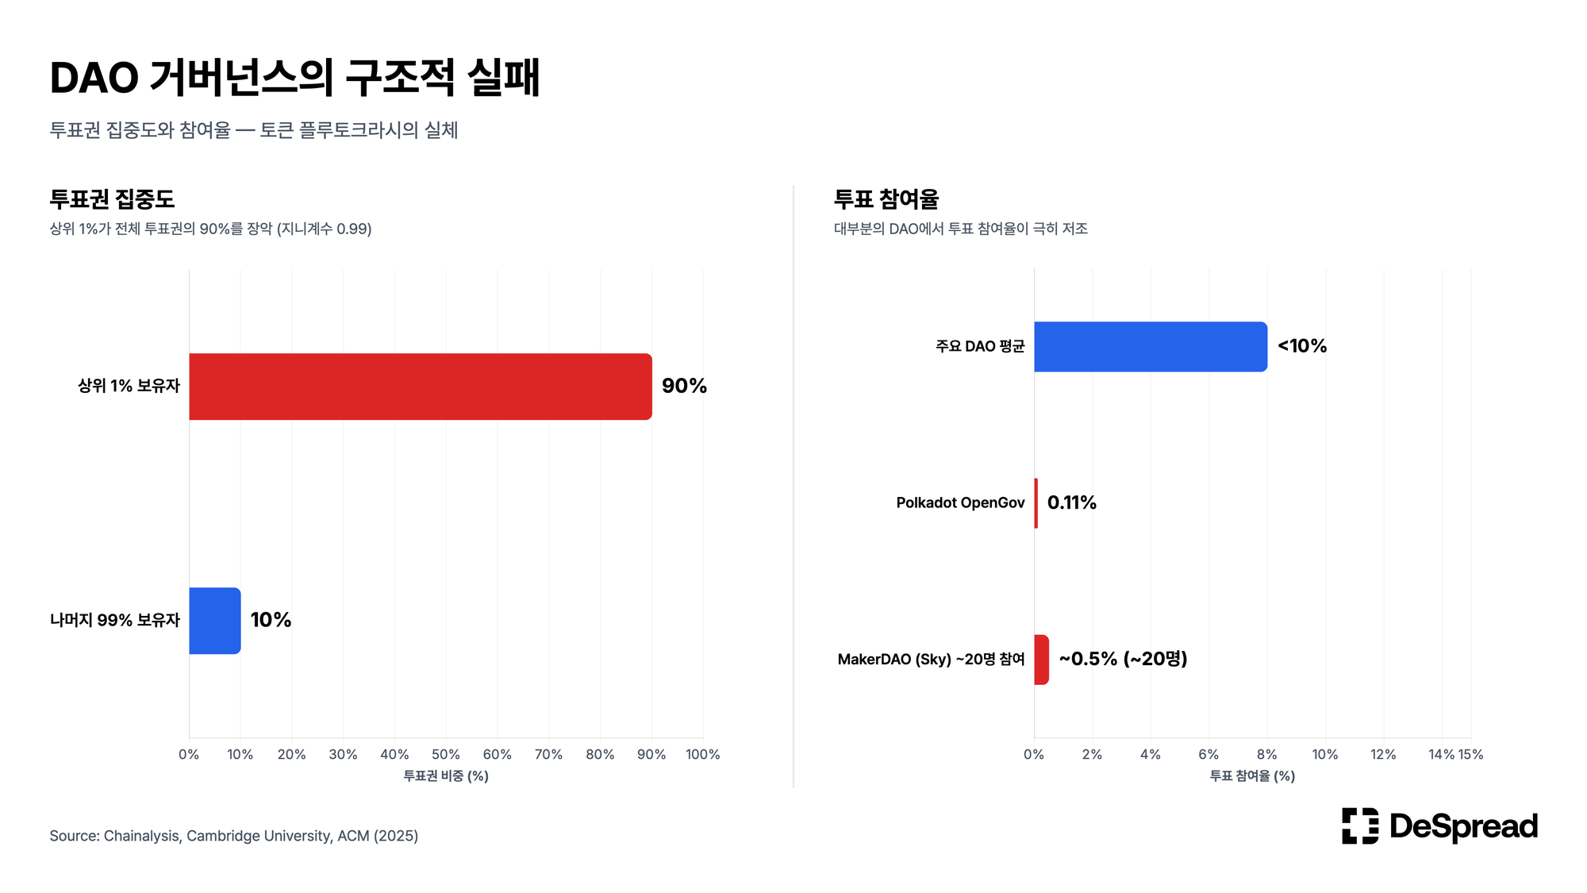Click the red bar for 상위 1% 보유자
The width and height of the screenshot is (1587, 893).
[x=421, y=387]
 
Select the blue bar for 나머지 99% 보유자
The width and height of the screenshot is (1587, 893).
[x=215, y=621]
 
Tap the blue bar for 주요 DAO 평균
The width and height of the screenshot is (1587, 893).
[x=1150, y=347]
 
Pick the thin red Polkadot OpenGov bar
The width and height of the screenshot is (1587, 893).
[x=1036, y=503]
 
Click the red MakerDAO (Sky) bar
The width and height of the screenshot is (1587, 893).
[x=1041, y=660]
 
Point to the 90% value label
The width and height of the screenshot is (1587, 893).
[x=684, y=386]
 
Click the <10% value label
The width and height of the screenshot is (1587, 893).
[x=1301, y=346]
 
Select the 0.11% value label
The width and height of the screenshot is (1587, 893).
[x=1071, y=502]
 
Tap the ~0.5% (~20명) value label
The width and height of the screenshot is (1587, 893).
[x=1123, y=659]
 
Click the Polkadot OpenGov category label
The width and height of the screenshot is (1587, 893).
[x=960, y=502]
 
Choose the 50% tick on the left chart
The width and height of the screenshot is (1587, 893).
[x=446, y=754]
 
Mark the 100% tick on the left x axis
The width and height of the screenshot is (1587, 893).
[x=702, y=754]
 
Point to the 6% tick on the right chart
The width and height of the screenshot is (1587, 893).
[x=1209, y=754]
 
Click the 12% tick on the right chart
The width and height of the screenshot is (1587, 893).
[x=1383, y=754]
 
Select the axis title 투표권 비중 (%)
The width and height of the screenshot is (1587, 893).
[x=446, y=776]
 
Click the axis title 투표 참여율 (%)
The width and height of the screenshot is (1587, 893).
[x=1252, y=776]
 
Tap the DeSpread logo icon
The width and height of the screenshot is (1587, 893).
[x=1360, y=826]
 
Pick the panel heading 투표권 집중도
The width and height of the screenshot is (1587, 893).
[x=112, y=198]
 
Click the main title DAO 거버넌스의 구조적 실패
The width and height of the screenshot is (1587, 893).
[x=294, y=78]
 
